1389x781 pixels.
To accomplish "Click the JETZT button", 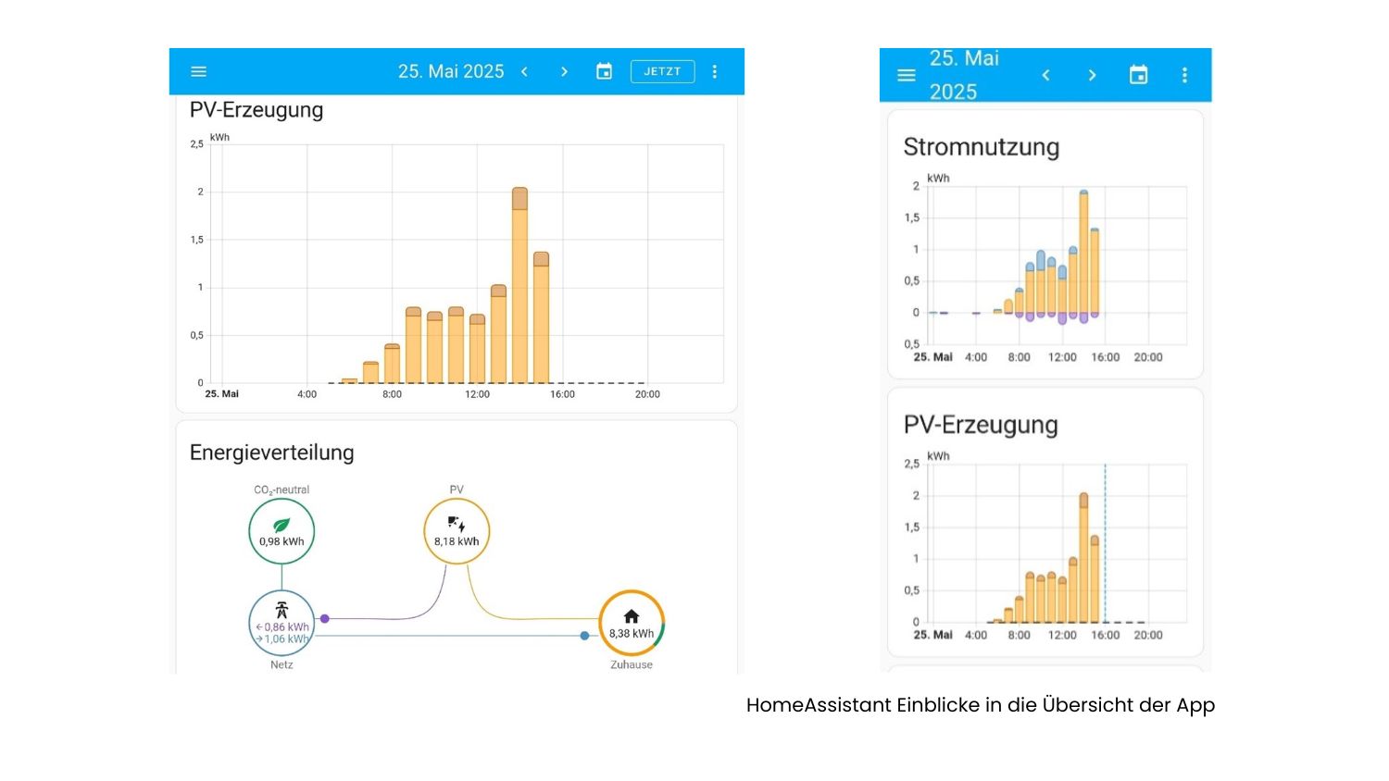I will (662, 71).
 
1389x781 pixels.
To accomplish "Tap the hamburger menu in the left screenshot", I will (198, 71).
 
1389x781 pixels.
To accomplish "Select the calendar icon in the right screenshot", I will (1138, 75).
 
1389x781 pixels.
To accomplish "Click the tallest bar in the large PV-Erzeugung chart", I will (519, 287).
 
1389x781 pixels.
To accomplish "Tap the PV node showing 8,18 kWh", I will (457, 531).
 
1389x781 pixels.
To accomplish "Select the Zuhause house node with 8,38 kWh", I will (632, 623).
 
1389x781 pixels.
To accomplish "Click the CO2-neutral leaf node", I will (282, 531).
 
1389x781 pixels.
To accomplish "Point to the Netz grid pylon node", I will (282, 623).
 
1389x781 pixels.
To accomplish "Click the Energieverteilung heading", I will (272, 452).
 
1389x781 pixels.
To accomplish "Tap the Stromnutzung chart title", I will (981, 147).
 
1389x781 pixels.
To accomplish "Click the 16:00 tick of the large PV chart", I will (562, 394).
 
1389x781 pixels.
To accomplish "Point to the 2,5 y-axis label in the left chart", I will (196, 144).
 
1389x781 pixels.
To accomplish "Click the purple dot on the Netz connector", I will (325, 618).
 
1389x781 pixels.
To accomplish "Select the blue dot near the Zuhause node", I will (584, 636).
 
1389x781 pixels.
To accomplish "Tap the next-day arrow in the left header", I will (564, 71).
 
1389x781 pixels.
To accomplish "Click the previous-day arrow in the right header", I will (1045, 75).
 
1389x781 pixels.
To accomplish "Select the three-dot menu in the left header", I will (714, 71).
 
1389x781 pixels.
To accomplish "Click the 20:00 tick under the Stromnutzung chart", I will (1148, 357).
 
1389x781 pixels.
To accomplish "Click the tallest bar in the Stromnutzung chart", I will (1083, 254).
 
